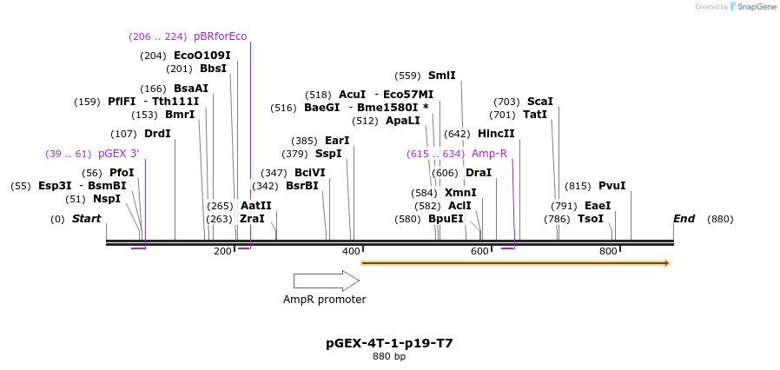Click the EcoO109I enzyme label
[202, 56]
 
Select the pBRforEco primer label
[220, 36]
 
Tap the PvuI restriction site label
[611, 186]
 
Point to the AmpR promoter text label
[324, 300]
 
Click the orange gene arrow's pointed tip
[667, 262]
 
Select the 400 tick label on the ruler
[351, 251]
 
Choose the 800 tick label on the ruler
[608, 251]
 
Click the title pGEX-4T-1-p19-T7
[389, 343]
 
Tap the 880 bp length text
[389, 357]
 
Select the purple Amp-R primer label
[489, 154]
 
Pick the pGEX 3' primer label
[118, 154]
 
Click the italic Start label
[86, 219]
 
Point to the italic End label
[684, 219]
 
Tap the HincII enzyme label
[496, 134]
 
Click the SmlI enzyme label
[441, 76]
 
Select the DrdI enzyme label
[157, 134]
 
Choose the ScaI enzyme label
[539, 102]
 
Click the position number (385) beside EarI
[304, 141]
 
